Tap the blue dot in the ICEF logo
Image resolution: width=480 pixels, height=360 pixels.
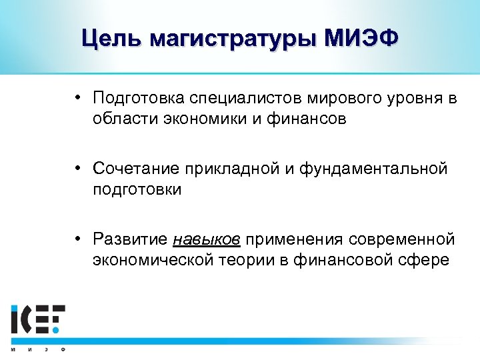coord(57,329)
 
